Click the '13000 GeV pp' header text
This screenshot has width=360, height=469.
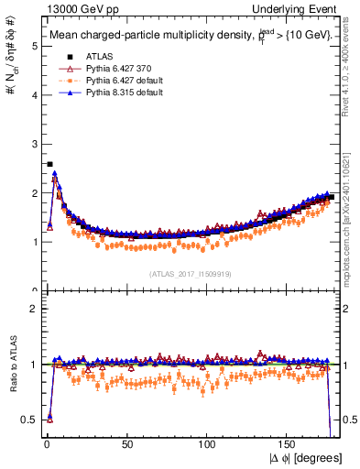point(67,7)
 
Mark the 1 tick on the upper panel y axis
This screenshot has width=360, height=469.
point(33,242)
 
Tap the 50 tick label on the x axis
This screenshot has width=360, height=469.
point(126,444)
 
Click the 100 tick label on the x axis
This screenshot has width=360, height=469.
point(208,444)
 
